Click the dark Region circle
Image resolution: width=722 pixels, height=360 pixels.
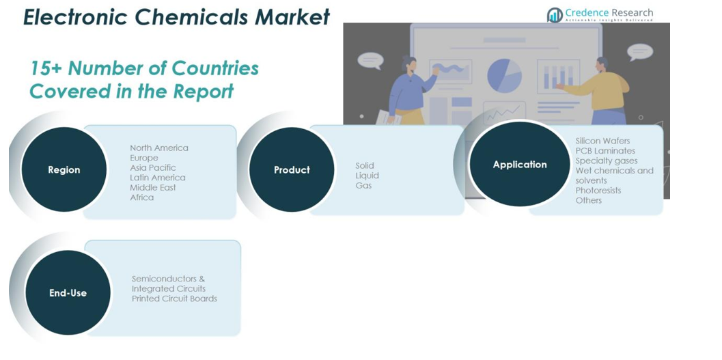(x=64, y=169)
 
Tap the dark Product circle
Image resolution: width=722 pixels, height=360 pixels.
(x=292, y=169)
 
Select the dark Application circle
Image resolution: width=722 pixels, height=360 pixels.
(x=520, y=164)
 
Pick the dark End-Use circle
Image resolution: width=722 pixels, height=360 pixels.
(x=68, y=292)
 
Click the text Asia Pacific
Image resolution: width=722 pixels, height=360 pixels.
(x=153, y=167)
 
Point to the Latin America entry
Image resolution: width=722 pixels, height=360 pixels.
(x=158, y=178)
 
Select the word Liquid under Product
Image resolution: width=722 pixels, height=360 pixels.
(x=367, y=176)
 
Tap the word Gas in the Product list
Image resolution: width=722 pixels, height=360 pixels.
(x=363, y=186)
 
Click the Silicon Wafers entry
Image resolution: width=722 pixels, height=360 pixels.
(x=602, y=141)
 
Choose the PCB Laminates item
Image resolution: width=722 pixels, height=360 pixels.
(x=605, y=151)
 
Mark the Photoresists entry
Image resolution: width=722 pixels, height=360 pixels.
(x=598, y=191)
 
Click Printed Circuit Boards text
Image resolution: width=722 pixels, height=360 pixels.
(x=174, y=299)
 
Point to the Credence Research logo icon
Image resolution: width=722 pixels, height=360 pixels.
(x=555, y=15)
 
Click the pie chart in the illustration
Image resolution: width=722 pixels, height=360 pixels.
(x=504, y=74)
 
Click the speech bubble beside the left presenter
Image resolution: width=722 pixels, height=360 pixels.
(x=370, y=60)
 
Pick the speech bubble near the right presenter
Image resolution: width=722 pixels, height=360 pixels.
(x=640, y=51)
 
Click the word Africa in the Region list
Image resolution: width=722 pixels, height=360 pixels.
(x=142, y=197)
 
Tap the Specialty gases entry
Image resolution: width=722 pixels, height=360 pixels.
(x=607, y=161)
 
